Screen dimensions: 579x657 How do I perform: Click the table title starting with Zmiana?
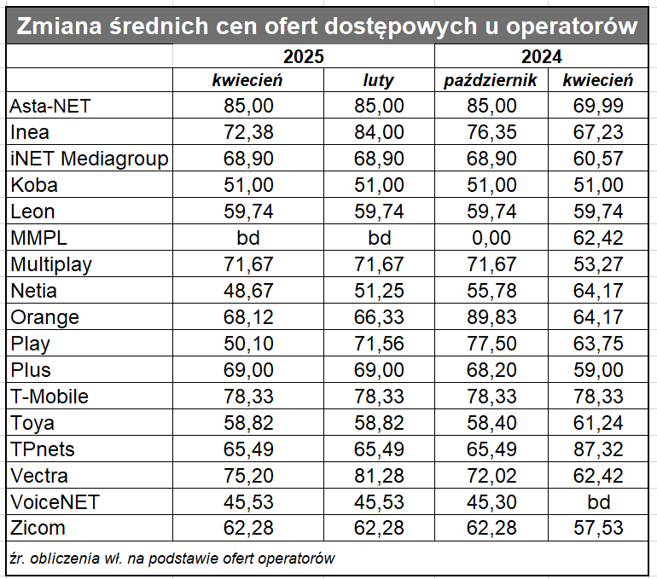coord(328,26)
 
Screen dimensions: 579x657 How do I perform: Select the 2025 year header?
coord(304,57)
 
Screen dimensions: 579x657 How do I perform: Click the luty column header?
coord(379,81)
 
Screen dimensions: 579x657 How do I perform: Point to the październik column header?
coord(491,81)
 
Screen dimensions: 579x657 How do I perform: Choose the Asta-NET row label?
coord(49,106)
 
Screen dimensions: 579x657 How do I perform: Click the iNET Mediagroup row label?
coord(89,159)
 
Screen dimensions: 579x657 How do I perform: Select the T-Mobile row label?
coord(49,397)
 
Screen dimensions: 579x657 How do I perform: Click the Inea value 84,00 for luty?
coord(379,132)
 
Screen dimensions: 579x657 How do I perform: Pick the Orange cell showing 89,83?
coord(491,317)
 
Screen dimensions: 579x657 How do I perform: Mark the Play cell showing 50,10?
coord(247,344)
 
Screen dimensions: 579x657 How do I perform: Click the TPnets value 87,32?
coord(597,449)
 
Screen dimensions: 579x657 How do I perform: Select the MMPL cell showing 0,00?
coord(491,238)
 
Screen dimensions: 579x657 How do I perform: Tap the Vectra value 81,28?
coord(379,476)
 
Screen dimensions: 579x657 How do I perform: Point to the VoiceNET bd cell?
coord(597,502)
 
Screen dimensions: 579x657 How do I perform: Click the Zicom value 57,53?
coord(597,529)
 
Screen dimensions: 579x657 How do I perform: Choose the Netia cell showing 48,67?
coord(247,291)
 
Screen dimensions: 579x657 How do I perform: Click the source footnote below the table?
coord(171,559)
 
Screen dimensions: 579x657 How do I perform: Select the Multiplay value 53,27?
coord(597,264)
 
